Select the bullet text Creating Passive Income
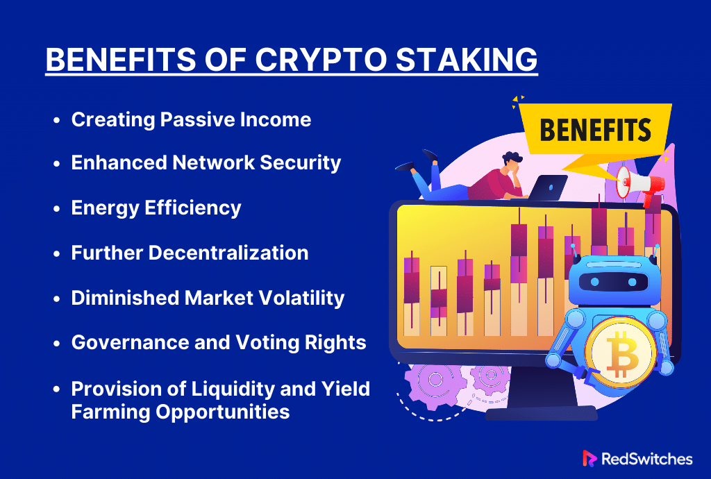pyautogui.click(x=191, y=119)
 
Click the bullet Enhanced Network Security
pyautogui.click(x=206, y=162)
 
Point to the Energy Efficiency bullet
pyautogui.click(x=156, y=207)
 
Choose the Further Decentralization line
pyautogui.click(x=190, y=252)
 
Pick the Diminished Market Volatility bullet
pyautogui.click(x=208, y=297)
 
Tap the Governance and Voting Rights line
pyautogui.click(x=219, y=342)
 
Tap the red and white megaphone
pyautogui.click(x=639, y=184)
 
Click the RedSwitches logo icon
pyautogui.click(x=589, y=458)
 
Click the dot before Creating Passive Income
pyautogui.click(x=57, y=120)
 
